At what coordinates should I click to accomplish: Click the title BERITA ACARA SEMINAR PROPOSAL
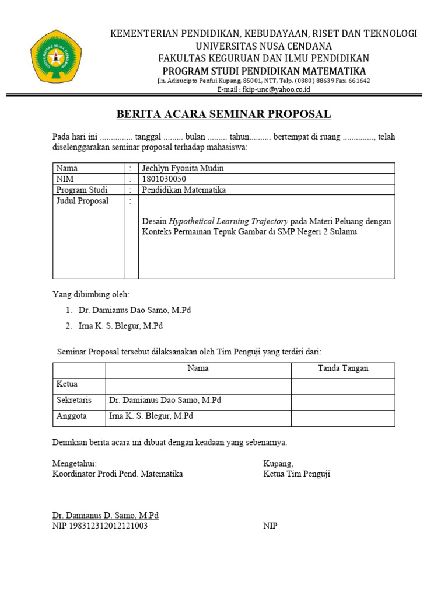[x=223, y=114]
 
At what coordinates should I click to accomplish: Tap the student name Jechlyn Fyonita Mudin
[x=183, y=168]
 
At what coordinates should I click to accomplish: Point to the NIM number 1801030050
[x=164, y=179]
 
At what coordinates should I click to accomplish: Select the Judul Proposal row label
[x=82, y=201]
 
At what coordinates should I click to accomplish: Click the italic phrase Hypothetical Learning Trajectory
[x=228, y=221]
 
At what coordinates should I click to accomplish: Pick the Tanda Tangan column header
[x=343, y=368]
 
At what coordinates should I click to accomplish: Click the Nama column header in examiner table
[x=198, y=368]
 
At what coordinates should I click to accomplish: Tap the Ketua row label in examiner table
[x=67, y=384]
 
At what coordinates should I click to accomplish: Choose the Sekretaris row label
[x=74, y=401]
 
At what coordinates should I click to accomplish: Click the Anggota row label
[x=72, y=416]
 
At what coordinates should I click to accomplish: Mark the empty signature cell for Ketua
[x=343, y=387]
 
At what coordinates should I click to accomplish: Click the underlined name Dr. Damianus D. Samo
[x=106, y=516]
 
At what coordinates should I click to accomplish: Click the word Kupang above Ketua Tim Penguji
[x=278, y=463]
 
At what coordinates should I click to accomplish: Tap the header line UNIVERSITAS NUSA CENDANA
[x=264, y=46]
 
